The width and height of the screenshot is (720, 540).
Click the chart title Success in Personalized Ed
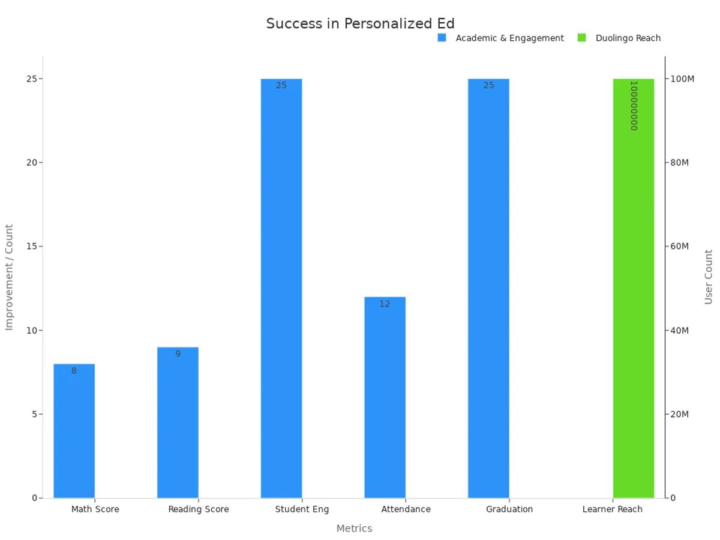pos(360,23)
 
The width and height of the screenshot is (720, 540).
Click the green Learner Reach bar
pos(633,288)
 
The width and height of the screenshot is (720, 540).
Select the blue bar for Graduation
pos(488,288)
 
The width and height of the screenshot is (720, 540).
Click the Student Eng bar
pos(281,288)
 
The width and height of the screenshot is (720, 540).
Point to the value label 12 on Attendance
pos(385,304)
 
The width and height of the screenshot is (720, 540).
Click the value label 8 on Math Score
pos(74,371)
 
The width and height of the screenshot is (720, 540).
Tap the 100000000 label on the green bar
pos(633,106)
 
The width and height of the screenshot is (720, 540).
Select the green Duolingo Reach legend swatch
pos(581,38)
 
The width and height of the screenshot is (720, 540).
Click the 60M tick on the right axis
pos(679,247)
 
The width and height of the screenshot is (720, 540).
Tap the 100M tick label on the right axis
pos(682,79)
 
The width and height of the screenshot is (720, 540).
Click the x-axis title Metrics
pos(354,529)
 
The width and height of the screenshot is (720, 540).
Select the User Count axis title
pos(709,277)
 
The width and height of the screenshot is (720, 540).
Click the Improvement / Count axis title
pos(9,277)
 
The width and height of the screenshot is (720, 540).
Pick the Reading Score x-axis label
pos(198,509)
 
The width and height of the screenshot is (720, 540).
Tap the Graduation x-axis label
pos(509,509)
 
